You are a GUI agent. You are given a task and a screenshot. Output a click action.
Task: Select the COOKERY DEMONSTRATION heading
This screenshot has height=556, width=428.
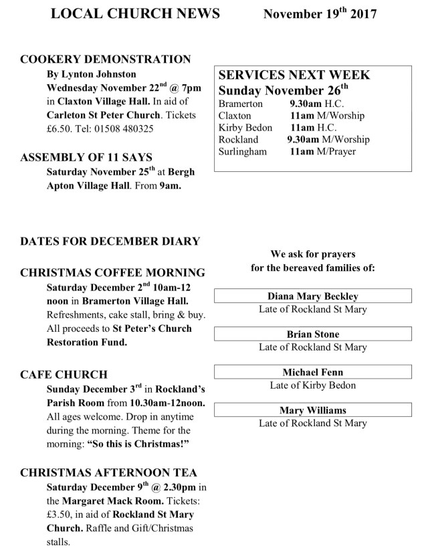pyautogui.click(x=106, y=59)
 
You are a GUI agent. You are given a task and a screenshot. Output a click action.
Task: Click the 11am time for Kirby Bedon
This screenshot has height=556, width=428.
pyautogui.click(x=302, y=128)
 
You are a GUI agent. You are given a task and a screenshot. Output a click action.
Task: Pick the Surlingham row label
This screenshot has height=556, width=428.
pyautogui.click(x=243, y=152)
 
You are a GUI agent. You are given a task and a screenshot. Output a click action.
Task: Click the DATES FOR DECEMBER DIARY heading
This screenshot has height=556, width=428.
pyautogui.click(x=110, y=241)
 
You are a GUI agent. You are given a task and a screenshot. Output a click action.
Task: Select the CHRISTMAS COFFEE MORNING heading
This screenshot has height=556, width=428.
pyautogui.click(x=112, y=273)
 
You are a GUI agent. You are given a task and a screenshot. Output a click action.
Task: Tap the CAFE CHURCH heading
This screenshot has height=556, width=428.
pyautogui.click(x=64, y=374)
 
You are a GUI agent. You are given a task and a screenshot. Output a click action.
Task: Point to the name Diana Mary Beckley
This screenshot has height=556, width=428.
pyautogui.click(x=313, y=296)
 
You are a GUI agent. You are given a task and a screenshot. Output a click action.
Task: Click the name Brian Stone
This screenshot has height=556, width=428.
pyautogui.click(x=313, y=334)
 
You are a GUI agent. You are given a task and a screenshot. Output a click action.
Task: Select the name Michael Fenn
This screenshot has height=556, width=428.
pyautogui.click(x=313, y=371)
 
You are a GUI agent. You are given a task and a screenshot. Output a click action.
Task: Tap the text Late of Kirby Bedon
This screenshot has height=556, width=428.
pyautogui.click(x=313, y=385)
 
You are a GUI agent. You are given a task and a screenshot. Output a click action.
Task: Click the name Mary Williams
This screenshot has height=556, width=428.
pyautogui.click(x=313, y=410)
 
